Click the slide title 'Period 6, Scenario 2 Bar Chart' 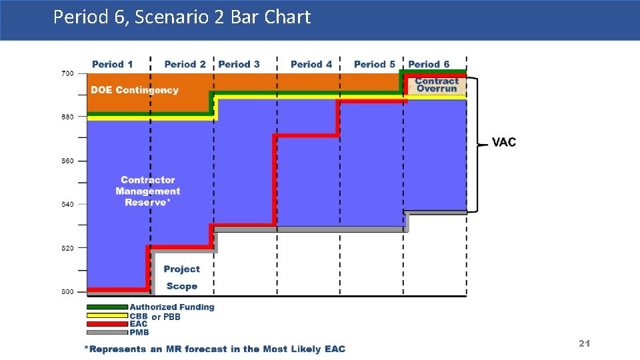pyautogui.click(x=182, y=17)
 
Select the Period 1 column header pyautogui.click(x=112, y=64)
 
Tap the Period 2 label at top pyautogui.click(x=185, y=64)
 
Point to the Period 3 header pyautogui.click(x=239, y=64)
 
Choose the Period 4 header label pyautogui.click(x=311, y=64)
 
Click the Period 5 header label pyautogui.click(x=374, y=64)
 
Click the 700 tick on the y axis pyautogui.click(x=67, y=73)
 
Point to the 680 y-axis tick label pyautogui.click(x=67, y=117)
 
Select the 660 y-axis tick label pyautogui.click(x=67, y=161)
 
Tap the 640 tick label pyautogui.click(x=67, y=204)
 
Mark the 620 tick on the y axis pyautogui.click(x=67, y=248)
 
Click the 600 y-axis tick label pyautogui.click(x=67, y=291)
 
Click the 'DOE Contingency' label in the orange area pyautogui.click(x=135, y=90)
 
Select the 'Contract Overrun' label pyautogui.click(x=437, y=85)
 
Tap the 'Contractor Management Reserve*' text pyautogui.click(x=147, y=191)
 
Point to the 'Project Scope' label pyautogui.click(x=181, y=277)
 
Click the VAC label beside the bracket pyautogui.click(x=503, y=142)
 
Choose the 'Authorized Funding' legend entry pyautogui.click(x=172, y=307)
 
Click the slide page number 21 pyautogui.click(x=584, y=343)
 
